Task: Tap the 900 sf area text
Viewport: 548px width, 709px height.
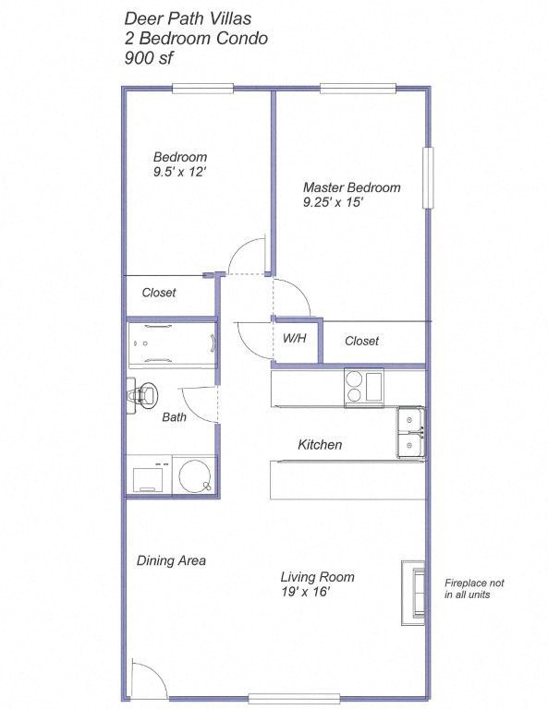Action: [x=148, y=57]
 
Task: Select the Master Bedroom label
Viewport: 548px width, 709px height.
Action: [x=351, y=187]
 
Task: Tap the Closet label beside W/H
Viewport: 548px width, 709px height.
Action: [x=361, y=341]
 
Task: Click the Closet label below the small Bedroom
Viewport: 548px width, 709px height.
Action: [x=158, y=293]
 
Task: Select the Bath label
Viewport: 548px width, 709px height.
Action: [x=174, y=417]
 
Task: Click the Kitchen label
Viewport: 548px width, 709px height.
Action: [x=320, y=445]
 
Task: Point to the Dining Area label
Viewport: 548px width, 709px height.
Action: [x=171, y=560]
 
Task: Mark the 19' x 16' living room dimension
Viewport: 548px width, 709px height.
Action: [x=305, y=592]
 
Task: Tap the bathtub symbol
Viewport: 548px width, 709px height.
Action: [x=172, y=343]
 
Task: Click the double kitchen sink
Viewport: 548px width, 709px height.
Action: [x=411, y=433]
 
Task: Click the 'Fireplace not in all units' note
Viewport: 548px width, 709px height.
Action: [x=474, y=589]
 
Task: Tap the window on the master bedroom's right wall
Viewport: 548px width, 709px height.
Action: [x=428, y=177]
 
